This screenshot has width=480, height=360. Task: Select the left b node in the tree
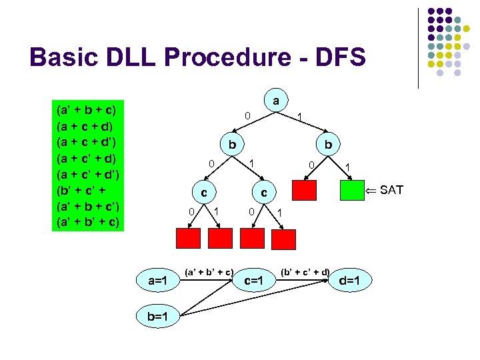tap(231, 145)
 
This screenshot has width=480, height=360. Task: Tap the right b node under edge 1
tap(329, 145)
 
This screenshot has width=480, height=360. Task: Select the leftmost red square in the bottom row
tap(188, 237)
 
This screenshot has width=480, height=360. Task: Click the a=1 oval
tap(157, 281)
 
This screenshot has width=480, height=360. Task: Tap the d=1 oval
tap(350, 281)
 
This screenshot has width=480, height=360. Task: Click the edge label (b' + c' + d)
tap(305, 271)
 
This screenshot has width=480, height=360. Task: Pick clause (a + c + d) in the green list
tap(85, 125)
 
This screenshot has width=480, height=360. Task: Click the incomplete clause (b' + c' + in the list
tap(83, 189)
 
